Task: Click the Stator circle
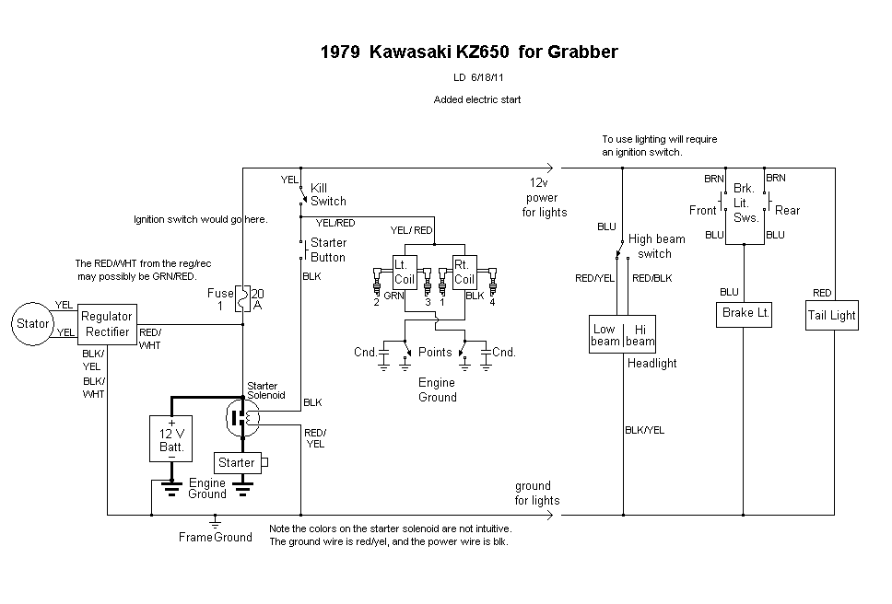(x=33, y=323)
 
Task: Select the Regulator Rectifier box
(x=107, y=324)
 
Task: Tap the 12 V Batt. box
(x=172, y=439)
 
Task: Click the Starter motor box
(x=237, y=463)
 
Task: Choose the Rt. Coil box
(x=464, y=272)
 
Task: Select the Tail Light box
(x=832, y=315)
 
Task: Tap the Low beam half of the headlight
(x=604, y=335)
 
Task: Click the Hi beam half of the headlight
(x=640, y=335)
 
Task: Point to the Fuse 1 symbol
(x=241, y=298)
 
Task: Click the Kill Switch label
(x=328, y=194)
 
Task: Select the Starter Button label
(x=328, y=250)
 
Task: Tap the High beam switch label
(x=656, y=246)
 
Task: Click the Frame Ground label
(x=215, y=537)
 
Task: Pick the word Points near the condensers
(x=435, y=352)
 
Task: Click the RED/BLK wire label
(x=651, y=278)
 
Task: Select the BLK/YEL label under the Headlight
(x=644, y=430)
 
